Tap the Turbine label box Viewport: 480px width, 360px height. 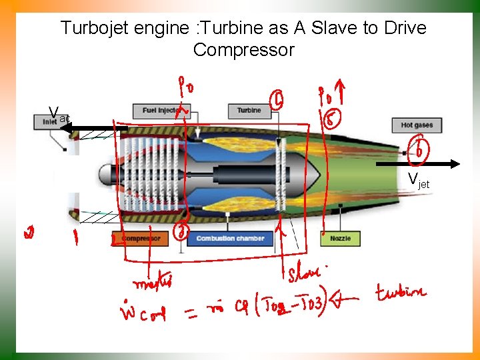point(249,110)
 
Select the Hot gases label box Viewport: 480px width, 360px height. point(417,125)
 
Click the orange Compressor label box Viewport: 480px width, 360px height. point(141,239)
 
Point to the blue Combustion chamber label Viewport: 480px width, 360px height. point(230,239)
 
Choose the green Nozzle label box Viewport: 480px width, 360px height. point(340,239)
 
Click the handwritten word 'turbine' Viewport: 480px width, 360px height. point(399,293)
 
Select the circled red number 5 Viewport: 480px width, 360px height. point(332,120)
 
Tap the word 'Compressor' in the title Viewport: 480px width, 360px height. point(243,50)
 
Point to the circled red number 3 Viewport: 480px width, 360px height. point(182,231)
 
